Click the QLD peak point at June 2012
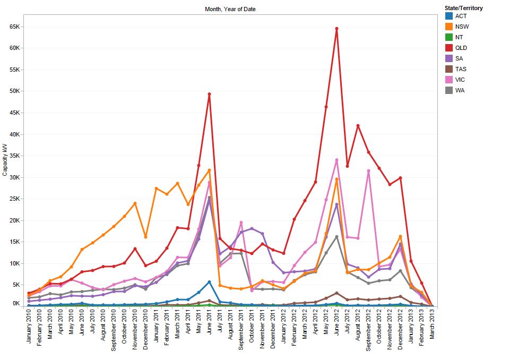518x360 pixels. click(336, 29)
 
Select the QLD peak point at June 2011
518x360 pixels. click(209, 94)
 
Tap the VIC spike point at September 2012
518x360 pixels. click(368, 171)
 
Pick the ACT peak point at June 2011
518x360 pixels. click(209, 282)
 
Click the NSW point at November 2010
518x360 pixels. click(135, 203)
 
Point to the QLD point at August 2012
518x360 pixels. click(358, 126)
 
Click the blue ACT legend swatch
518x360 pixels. click(449, 16)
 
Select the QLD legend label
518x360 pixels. click(461, 48)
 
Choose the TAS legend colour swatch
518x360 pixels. click(449, 69)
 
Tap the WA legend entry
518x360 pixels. click(460, 90)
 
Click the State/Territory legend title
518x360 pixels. click(464, 8)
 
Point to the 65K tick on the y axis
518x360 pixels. click(14, 26)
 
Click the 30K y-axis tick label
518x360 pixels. click(14, 177)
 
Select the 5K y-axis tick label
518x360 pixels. click(15, 285)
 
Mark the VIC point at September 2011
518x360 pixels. click(241, 222)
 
